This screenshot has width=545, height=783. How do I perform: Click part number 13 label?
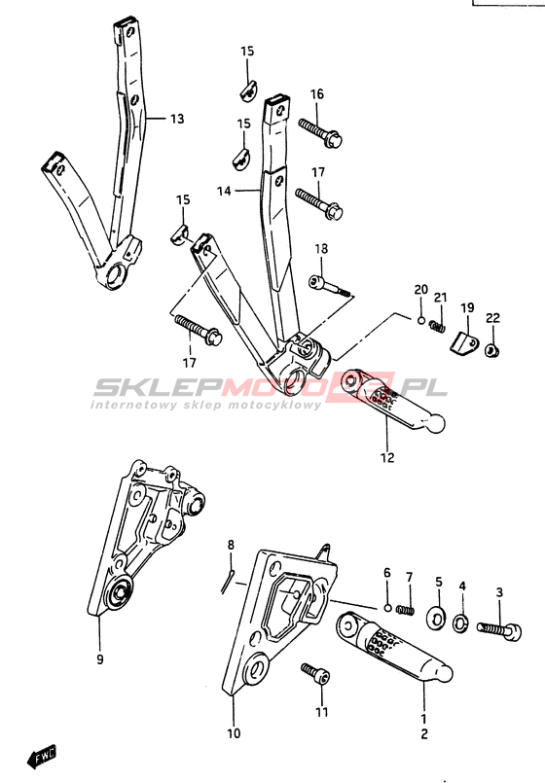[177, 119]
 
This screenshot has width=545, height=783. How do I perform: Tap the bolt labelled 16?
[320, 132]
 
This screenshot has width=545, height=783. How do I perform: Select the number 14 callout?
[224, 191]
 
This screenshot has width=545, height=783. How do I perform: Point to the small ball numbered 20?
[421, 320]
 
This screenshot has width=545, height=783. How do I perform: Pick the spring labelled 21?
[437, 326]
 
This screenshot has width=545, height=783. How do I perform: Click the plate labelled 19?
[464, 344]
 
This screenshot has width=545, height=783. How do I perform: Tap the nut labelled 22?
[492, 350]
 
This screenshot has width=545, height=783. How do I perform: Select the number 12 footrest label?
[387, 457]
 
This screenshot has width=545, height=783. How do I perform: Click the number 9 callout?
[100, 659]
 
